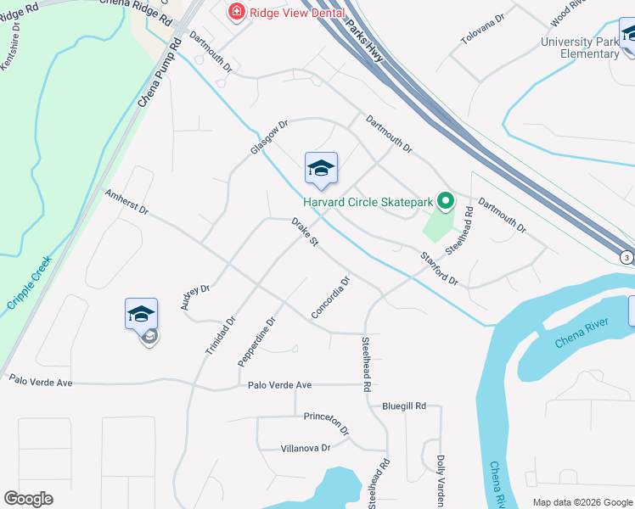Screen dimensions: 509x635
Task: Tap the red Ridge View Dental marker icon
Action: (237, 12)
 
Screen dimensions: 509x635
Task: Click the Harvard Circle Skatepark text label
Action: (369, 202)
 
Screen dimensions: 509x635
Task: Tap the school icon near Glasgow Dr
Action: (322, 169)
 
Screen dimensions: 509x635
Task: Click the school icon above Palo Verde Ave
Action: (141, 316)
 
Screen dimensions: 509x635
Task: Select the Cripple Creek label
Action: (29, 282)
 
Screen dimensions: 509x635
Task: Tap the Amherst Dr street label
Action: (126, 202)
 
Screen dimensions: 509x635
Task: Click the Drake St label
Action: (305, 232)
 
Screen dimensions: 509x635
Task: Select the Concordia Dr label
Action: (331, 298)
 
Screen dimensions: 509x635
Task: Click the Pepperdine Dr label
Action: (257, 341)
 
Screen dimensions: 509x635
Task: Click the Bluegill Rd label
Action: (403, 406)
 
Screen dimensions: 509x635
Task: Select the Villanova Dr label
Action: (305, 448)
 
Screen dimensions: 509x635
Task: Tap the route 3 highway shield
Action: (627, 258)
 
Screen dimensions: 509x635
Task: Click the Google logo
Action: (29, 499)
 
